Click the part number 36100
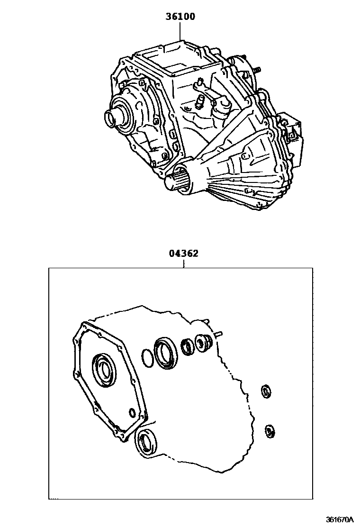click(x=180, y=17)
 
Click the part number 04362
click(x=183, y=253)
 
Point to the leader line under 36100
click(x=180, y=31)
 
